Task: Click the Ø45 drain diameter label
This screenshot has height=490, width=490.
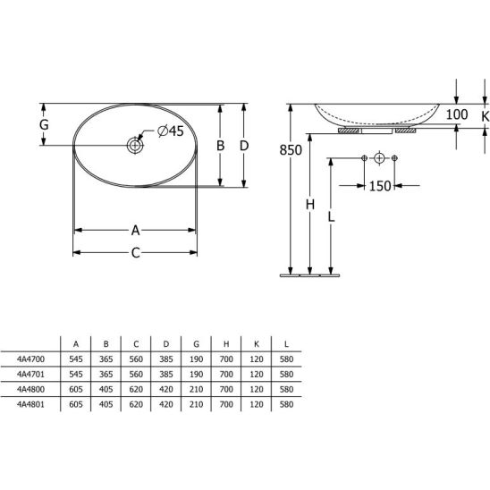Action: (x=171, y=131)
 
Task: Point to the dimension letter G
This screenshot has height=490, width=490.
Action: (x=44, y=124)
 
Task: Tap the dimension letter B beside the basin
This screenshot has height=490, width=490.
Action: (x=220, y=146)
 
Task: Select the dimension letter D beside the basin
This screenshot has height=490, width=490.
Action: (x=244, y=146)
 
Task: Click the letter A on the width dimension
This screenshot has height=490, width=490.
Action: (x=135, y=231)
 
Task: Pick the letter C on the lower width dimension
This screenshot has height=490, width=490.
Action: (x=135, y=253)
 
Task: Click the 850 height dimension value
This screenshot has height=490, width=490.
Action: (x=291, y=150)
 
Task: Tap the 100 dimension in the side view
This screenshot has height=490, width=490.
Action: (x=457, y=114)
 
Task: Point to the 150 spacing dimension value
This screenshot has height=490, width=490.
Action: (x=380, y=186)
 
